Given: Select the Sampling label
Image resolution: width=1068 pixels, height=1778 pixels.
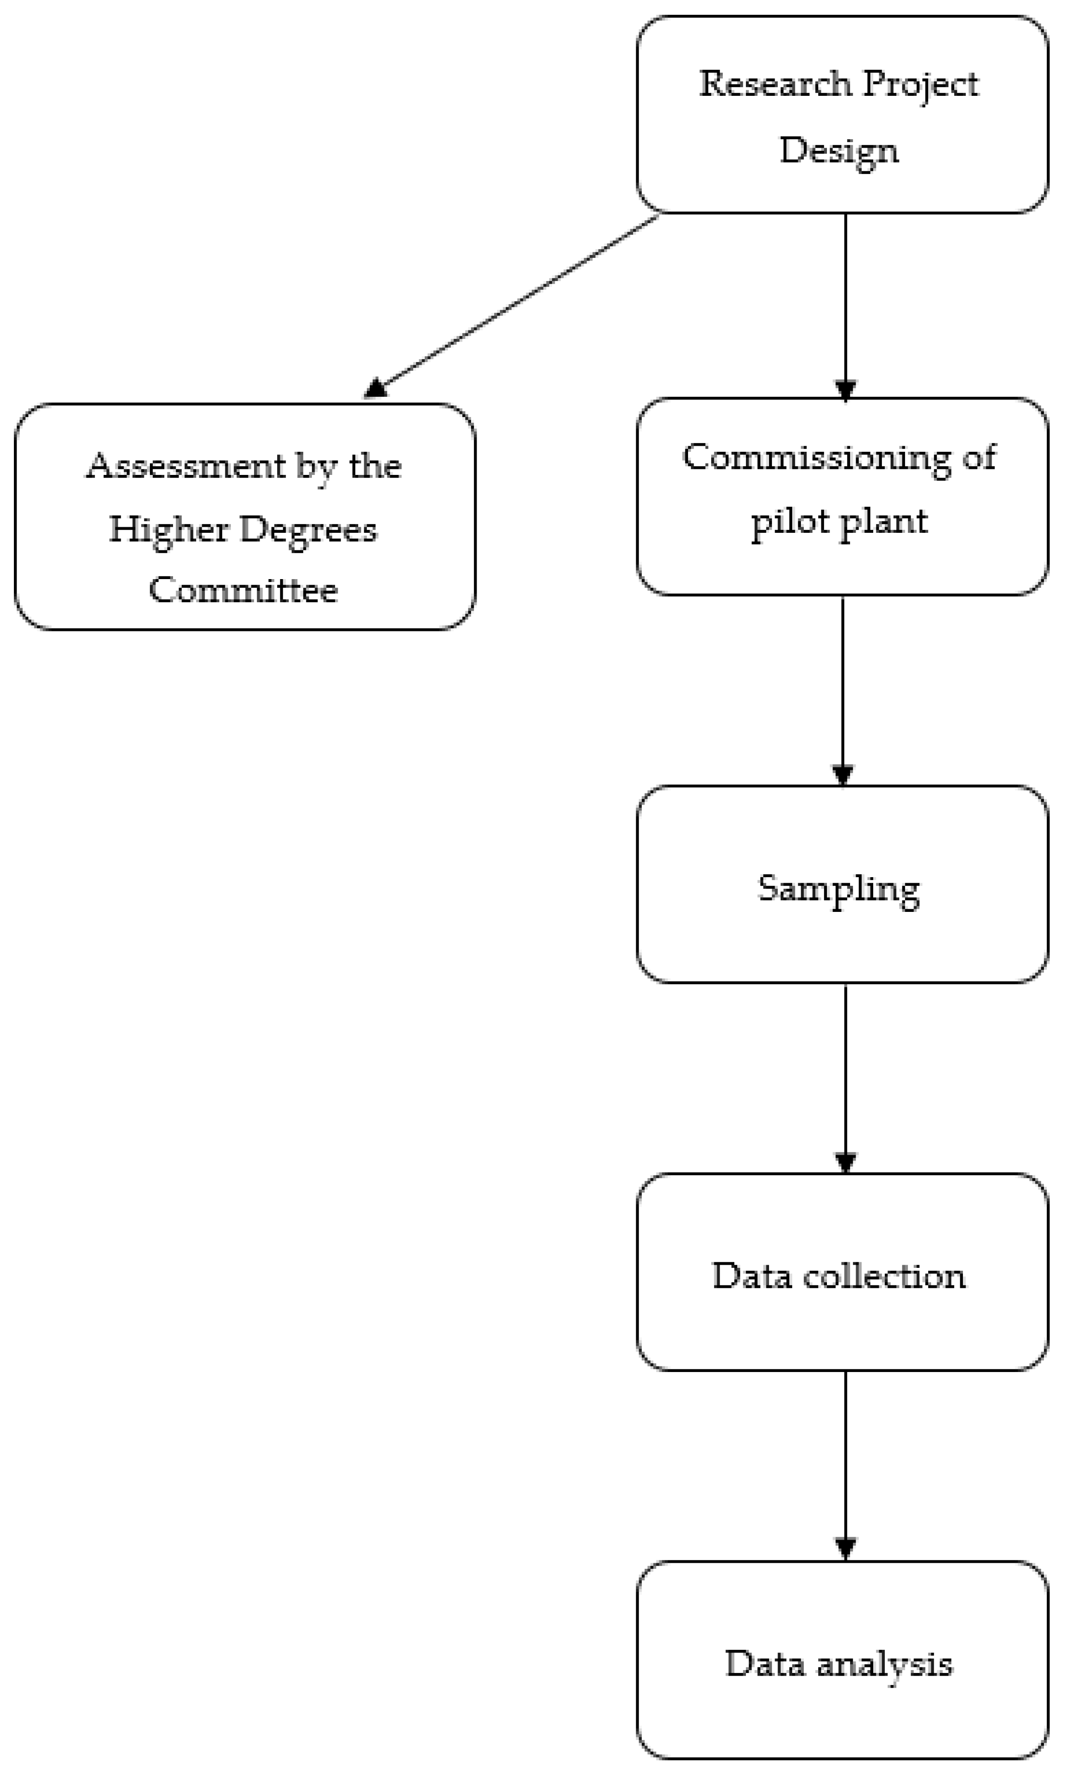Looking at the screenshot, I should [839, 889].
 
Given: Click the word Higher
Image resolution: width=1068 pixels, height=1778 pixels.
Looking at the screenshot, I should [169, 530].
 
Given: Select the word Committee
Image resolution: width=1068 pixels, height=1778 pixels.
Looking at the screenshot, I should [243, 590].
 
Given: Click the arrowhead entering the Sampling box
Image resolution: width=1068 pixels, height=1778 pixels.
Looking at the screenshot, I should [843, 776].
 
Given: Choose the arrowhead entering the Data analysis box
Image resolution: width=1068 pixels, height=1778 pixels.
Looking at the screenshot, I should [845, 1549].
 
